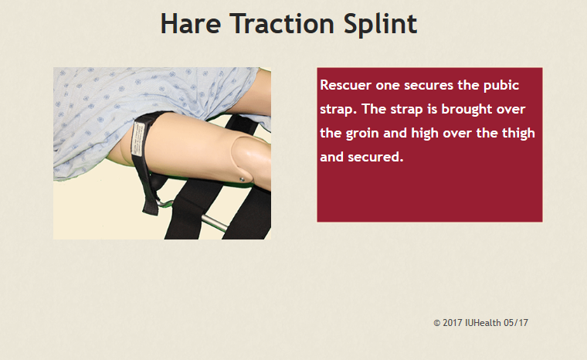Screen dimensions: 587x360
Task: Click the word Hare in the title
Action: [191, 24]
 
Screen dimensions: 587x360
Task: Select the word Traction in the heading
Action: [282, 24]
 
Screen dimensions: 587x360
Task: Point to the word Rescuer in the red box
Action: [345, 85]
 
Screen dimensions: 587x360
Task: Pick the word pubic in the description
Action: [501, 87]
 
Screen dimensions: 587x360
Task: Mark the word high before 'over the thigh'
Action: [425, 134]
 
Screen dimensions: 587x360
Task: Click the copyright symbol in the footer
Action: [436, 323]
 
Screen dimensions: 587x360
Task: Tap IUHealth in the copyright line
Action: [483, 323]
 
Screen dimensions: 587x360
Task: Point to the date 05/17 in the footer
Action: [516, 323]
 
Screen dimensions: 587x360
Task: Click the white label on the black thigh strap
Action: [138, 139]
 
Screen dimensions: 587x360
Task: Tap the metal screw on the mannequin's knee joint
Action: [242, 180]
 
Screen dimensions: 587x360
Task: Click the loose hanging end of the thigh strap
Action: [151, 202]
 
